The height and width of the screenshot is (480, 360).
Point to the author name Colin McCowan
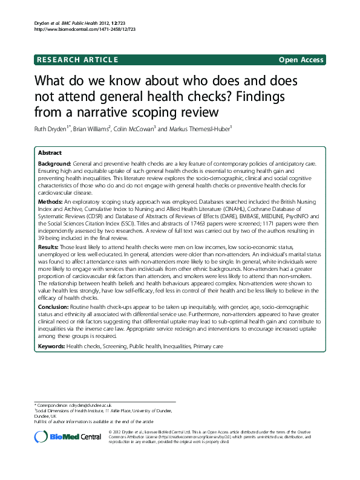136,129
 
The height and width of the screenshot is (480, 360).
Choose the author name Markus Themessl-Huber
194,129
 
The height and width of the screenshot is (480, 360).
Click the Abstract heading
50,153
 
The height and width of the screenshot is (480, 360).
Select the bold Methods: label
51,199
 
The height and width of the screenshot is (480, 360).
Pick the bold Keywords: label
52,346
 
